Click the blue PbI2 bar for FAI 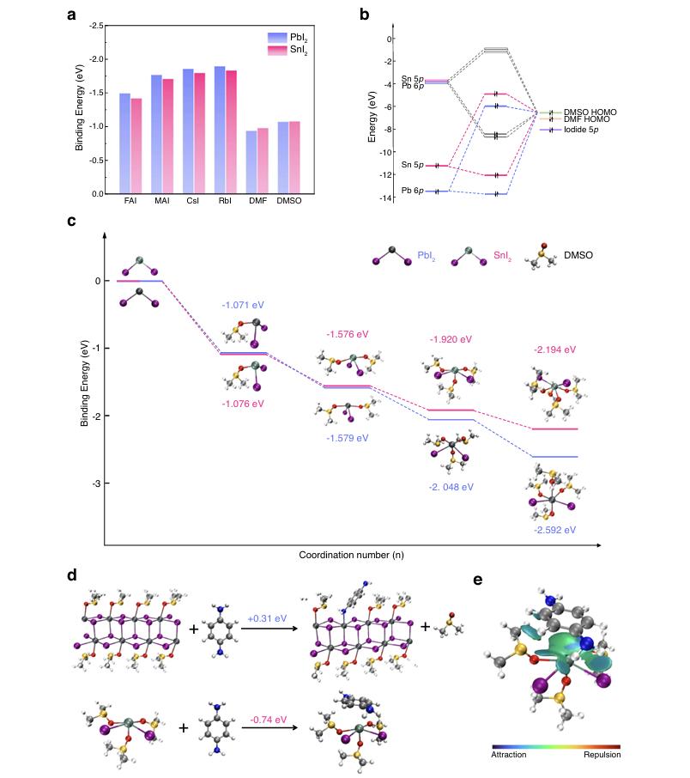[124, 143]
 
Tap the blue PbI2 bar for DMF [251, 162]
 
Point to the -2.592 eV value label [554, 530]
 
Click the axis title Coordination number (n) [351, 556]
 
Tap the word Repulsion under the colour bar [600, 755]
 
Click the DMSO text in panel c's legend [579, 256]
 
